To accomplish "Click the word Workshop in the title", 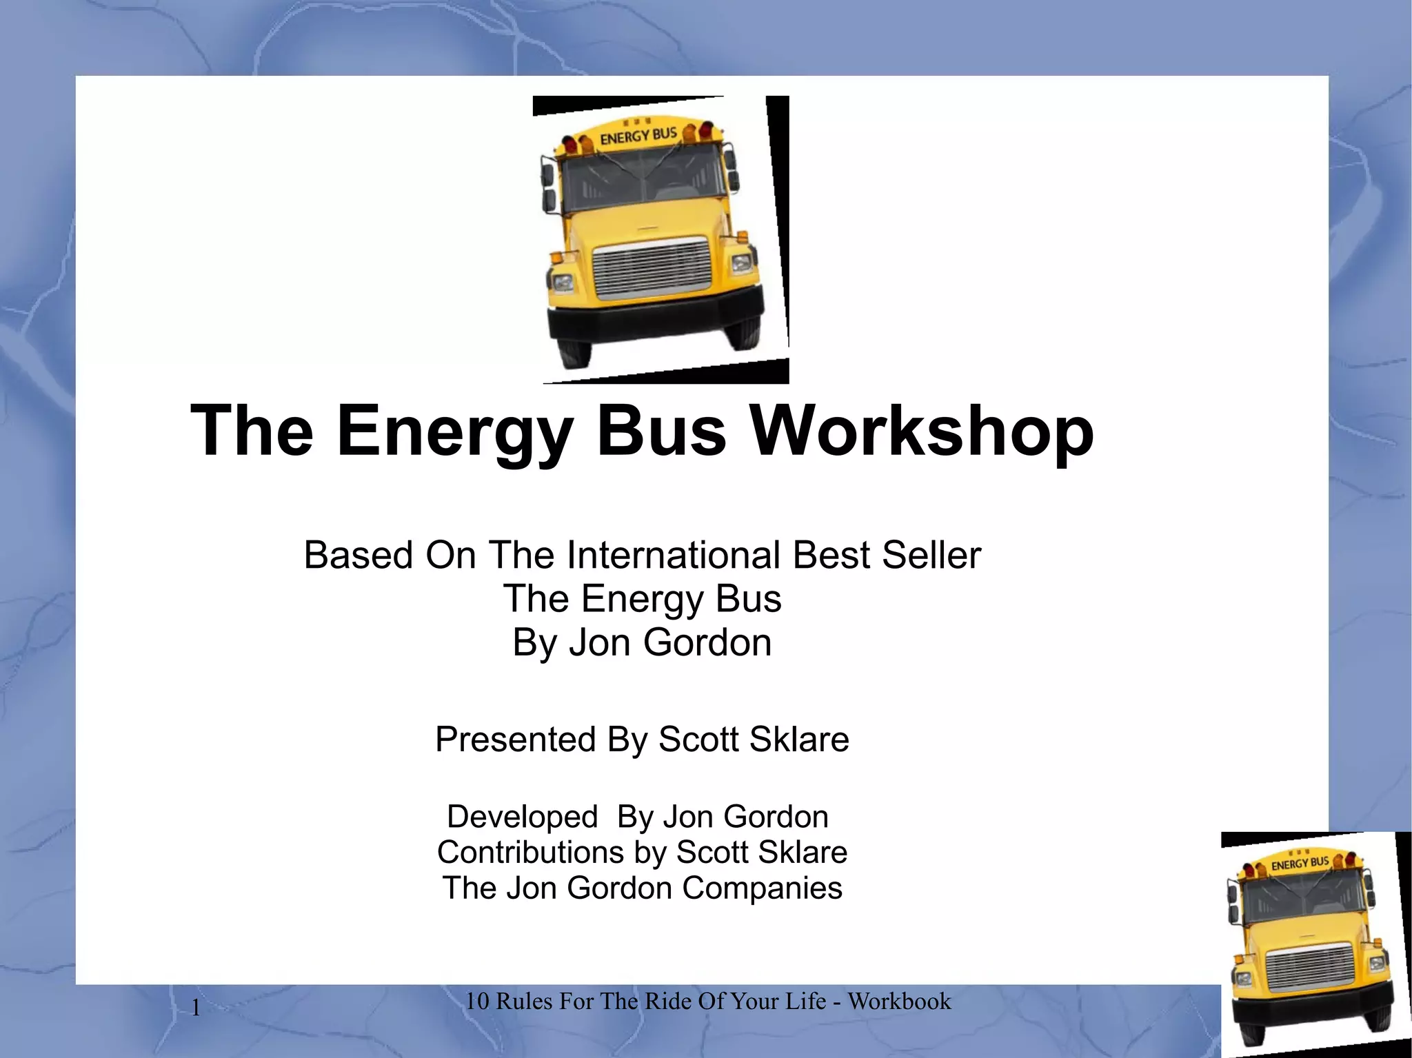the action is click(922, 431).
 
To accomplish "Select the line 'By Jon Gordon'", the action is click(642, 642).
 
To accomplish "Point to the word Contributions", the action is click(530, 853).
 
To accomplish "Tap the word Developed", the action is click(522, 817).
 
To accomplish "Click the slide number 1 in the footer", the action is click(196, 1008).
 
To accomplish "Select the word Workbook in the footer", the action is click(899, 1001).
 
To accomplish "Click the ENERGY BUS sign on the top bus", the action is click(638, 136).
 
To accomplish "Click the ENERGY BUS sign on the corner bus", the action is click(1300, 863).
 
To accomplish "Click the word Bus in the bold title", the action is click(660, 431).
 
